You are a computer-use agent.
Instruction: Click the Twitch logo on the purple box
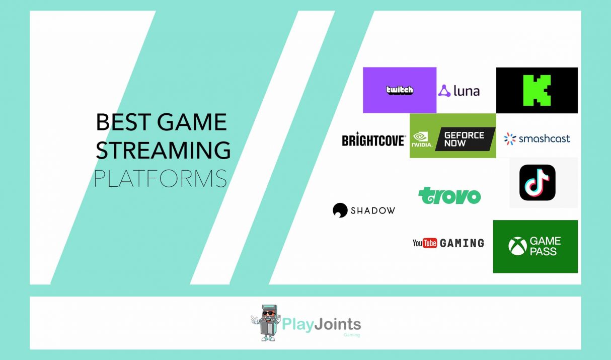[x=400, y=90]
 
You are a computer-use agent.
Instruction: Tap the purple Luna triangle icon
[x=444, y=91]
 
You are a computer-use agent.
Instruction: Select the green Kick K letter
[x=537, y=90]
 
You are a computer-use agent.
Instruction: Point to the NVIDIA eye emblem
[x=420, y=137]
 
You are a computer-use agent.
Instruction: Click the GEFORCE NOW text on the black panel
[x=464, y=139]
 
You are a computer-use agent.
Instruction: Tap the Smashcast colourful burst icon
[x=510, y=138]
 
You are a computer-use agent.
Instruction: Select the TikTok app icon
[x=538, y=182]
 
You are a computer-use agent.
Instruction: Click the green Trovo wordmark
[x=449, y=195]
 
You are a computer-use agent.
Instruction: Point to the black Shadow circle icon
[x=340, y=210]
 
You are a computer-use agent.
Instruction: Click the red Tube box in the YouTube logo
[x=430, y=243]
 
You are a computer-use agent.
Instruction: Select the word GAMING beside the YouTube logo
[x=462, y=243]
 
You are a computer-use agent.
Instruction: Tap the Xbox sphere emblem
[x=517, y=246]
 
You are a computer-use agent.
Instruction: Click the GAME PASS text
[x=545, y=246]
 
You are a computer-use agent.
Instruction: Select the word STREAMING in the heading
[x=163, y=150]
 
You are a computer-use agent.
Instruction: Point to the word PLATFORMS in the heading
[x=161, y=178]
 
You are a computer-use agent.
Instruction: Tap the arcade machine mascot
[x=266, y=323]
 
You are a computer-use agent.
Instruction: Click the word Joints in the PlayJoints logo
[x=337, y=324]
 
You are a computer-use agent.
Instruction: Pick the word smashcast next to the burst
[x=544, y=138]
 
